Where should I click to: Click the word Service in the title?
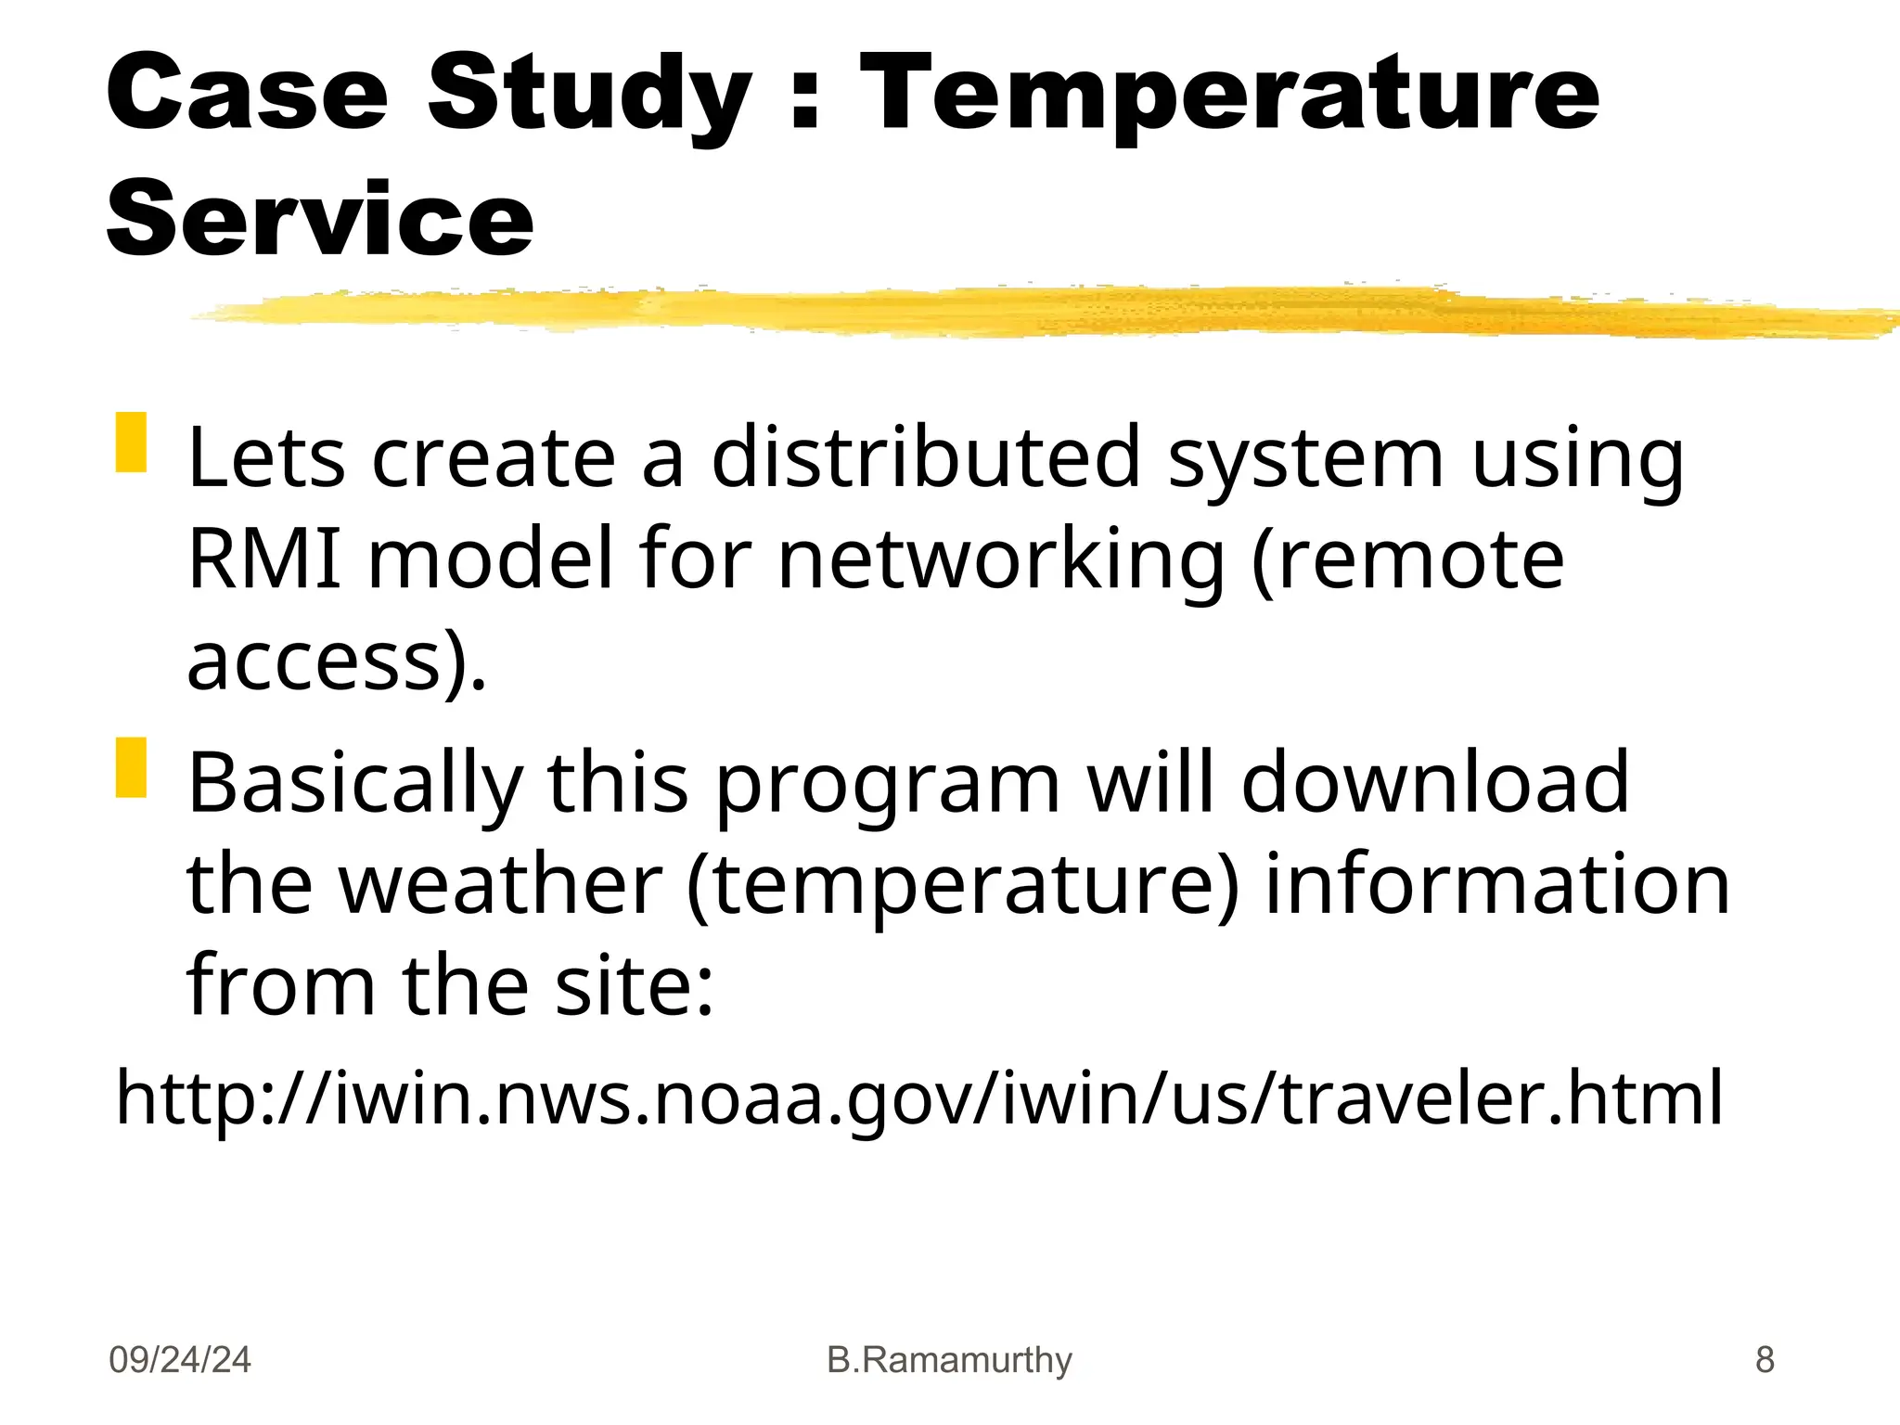point(320,218)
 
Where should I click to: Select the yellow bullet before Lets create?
point(131,443)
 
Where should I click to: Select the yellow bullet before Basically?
point(131,767)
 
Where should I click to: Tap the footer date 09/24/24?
point(179,1360)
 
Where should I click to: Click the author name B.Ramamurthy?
point(949,1360)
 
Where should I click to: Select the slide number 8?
point(1765,1360)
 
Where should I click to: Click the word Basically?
point(355,784)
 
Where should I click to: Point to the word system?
point(1305,459)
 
